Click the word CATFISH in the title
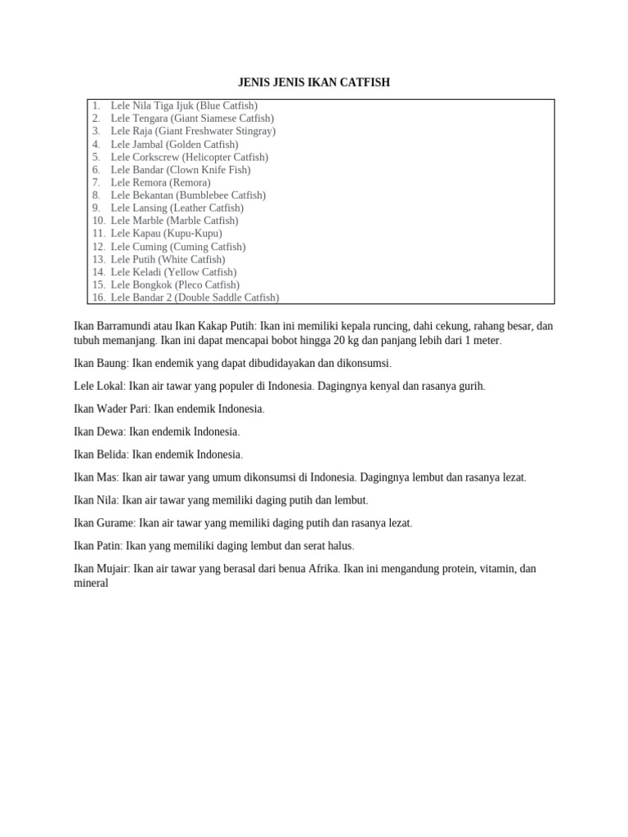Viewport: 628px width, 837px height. click(x=367, y=83)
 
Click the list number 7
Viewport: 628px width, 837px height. click(x=96, y=182)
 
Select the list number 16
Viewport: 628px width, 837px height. click(x=98, y=298)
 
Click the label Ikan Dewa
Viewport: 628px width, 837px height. click(x=99, y=432)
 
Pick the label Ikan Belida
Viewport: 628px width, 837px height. click(x=101, y=454)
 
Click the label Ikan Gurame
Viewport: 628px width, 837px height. click(x=104, y=523)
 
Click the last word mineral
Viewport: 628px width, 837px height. click(x=91, y=584)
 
